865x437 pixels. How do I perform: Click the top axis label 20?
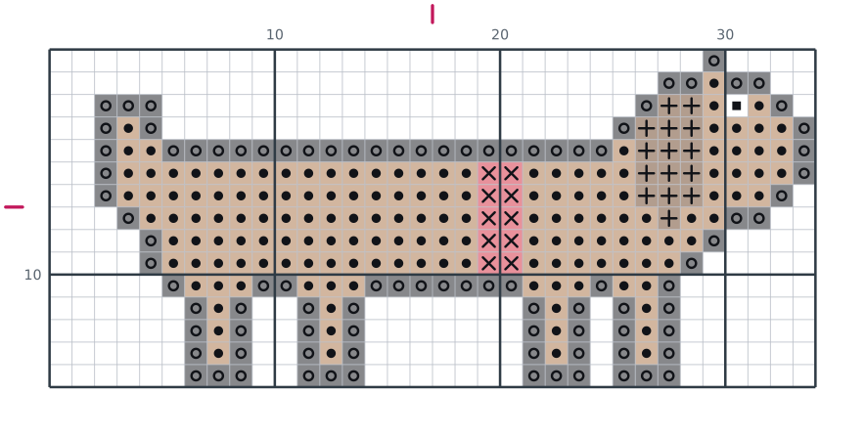(x=500, y=35)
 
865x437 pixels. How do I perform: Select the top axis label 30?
(x=725, y=35)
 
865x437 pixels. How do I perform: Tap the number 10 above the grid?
(x=275, y=35)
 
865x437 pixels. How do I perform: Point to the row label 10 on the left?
(x=32, y=275)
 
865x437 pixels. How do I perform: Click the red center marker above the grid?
(x=432, y=15)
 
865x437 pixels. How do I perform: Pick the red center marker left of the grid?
(x=15, y=207)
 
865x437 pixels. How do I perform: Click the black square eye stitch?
(x=737, y=106)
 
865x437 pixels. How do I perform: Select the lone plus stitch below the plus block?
(x=669, y=218)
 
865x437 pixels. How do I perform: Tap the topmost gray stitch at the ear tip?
(x=714, y=61)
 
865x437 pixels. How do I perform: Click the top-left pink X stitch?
(x=489, y=174)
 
